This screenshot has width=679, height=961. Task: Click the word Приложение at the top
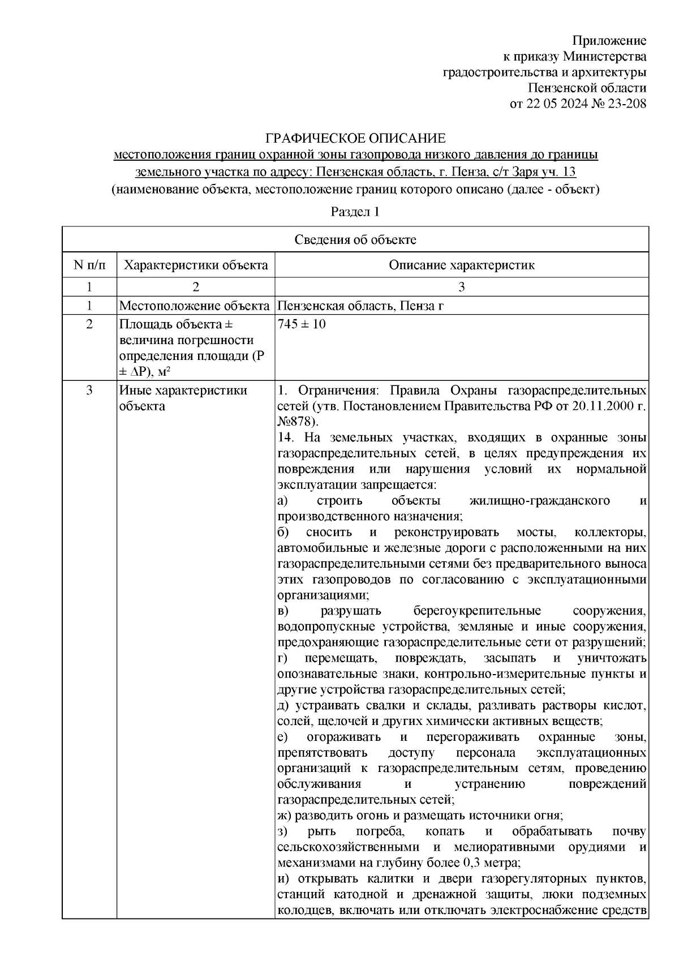pyautogui.click(x=609, y=41)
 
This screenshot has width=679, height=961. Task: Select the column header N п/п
pyautogui.click(x=89, y=265)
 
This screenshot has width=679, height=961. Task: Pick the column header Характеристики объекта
pyautogui.click(x=196, y=265)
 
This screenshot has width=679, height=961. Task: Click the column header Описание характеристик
pyautogui.click(x=461, y=265)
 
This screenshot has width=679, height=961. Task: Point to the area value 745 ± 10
pyautogui.click(x=302, y=324)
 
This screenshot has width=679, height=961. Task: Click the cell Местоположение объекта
pyautogui.click(x=194, y=306)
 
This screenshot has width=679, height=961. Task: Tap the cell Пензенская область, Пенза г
pyautogui.click(x=360, y=306)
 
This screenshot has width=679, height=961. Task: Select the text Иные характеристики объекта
pyautogui.click(x=183, y=398)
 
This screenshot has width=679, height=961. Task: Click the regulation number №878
pyautogui.click(x=296, y=422)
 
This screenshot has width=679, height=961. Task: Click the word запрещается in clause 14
pyautogui.click(x=402, y=484)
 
